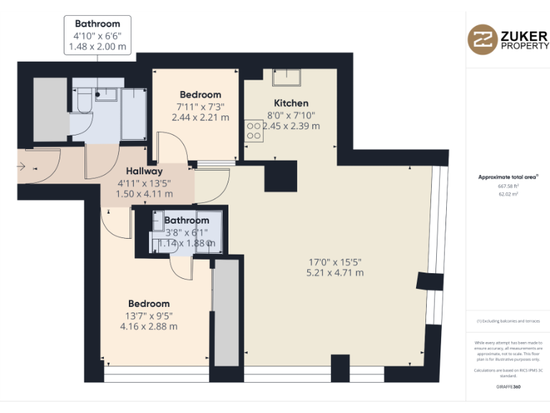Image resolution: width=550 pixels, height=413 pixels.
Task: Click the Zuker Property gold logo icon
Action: (x=482, y=40)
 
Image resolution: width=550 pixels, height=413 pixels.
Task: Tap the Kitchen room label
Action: (x=291, y=103)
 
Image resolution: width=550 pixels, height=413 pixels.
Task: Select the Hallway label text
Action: (x=145, y=171)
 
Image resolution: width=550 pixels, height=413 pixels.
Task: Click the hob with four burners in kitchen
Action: (x=254, y=129)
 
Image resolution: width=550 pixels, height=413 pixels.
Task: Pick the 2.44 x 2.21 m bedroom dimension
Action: (x=201, y=118)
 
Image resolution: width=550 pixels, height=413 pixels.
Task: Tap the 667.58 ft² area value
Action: (x=508, y=186)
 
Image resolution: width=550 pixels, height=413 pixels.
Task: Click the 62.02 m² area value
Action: (x=508, y=194)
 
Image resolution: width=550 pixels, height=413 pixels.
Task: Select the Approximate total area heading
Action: (x=508, y=176)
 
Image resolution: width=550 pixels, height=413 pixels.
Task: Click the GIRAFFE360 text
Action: (x=508, y=386)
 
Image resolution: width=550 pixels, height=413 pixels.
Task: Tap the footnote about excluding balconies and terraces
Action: (x=508, y=321)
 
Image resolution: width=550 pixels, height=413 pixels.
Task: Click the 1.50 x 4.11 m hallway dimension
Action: (x=145, y=194)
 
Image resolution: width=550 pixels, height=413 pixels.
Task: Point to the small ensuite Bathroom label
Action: (x=186, y=220)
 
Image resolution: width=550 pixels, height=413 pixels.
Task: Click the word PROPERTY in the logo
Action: (x=525, y=46)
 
